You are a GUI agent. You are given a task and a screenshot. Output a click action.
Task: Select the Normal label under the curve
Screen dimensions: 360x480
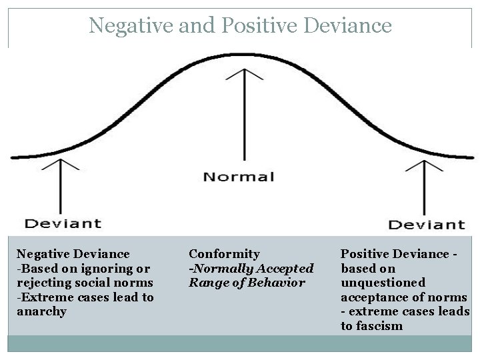point(239,177)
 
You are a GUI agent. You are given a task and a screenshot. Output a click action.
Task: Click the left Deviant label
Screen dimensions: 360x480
point(63,224)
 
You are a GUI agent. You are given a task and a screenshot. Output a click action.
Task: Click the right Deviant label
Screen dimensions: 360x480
point(427,224)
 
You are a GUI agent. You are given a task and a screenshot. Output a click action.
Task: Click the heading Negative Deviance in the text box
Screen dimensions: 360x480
point(73,254)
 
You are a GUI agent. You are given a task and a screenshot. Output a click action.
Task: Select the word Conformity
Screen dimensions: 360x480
point(224,254)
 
